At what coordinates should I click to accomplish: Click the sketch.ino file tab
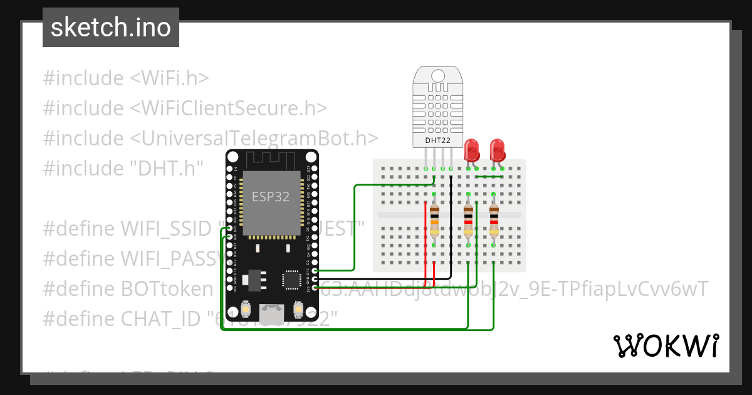pos(110,28)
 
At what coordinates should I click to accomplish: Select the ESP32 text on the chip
pos(271,196)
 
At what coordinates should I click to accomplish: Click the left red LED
pos(472,150)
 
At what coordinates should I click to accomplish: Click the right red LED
pos(498,150)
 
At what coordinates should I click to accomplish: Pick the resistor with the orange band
pos(434,223)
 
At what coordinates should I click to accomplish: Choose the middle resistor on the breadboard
pos(468,223)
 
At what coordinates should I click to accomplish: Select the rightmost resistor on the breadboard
pos(494,223)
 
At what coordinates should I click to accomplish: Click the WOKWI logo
pos(666,345)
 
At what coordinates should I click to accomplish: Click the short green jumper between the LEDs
pos(489,177)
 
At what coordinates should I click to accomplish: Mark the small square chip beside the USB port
pos(292,280)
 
